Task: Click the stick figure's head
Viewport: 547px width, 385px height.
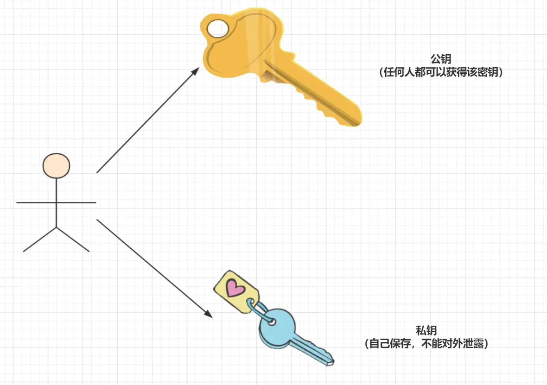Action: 56,165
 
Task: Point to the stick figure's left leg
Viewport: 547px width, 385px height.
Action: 40,240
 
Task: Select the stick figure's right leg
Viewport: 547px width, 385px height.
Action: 73,240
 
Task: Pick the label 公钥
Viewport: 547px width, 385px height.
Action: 441,59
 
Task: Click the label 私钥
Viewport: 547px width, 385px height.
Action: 426,331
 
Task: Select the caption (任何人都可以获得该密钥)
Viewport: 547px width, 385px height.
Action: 441,73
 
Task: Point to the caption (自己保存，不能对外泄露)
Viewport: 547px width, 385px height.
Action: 426,344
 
